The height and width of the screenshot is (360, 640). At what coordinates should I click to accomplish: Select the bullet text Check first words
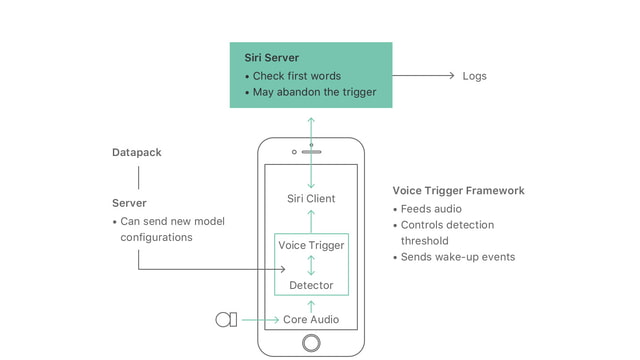tap(297, 76)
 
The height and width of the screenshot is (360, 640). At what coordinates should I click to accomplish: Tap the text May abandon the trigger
tap(314, 93)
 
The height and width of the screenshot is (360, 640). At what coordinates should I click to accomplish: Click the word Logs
tap(474, 76)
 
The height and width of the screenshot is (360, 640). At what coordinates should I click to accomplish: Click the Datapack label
tap(137, 153)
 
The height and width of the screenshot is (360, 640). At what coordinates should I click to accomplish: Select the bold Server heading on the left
tap(130, 203)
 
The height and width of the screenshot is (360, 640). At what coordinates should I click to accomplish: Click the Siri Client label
tap(311, 199)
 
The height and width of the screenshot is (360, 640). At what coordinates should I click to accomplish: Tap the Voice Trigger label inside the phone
tap(311, 246)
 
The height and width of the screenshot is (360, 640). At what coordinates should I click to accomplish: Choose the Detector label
tap(311, 286)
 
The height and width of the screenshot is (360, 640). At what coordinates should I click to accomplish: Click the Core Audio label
tap(311, 320)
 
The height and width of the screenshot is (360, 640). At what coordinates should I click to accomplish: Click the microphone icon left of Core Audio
tap(226, 320)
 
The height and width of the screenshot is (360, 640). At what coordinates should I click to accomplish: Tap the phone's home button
tap(311, 343)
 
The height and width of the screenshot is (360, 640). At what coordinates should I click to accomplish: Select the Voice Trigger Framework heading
tap(458, 191)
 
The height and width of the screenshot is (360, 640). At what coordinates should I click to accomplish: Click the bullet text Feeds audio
tap(432, 209)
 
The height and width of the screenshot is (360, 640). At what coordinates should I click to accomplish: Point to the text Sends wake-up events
tap(458, 257)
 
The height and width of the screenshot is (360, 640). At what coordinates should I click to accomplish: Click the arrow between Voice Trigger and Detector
tap(311, 266)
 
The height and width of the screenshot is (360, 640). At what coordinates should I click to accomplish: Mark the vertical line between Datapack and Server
tap(137, 178)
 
